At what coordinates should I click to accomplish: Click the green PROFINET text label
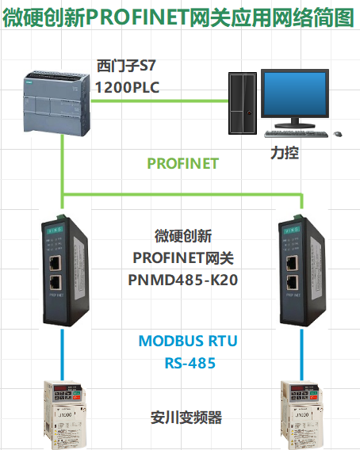coord(182,163)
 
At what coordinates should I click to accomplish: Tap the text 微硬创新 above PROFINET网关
coord(182,236)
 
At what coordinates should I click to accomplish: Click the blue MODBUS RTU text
coord(188,341)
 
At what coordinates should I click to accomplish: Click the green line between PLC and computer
coord(159,101)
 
